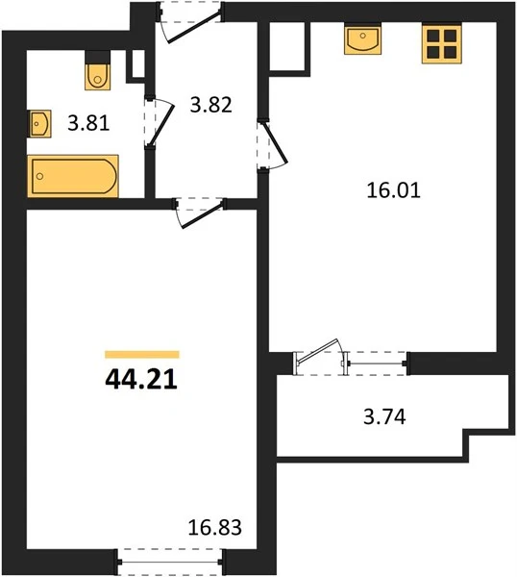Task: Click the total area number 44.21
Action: (141, 380)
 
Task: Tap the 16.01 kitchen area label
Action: (393, 191)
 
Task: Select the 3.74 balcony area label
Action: (384, 417)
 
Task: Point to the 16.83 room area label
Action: (214, 527)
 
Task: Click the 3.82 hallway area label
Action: (211, 105)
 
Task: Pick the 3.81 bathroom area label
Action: (88, 124)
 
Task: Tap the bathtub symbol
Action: (73, 176)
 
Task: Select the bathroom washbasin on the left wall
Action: (39, 124)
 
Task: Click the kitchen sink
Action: (362, 38)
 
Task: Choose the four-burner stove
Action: (441, 44)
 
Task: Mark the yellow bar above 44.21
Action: (142, 354)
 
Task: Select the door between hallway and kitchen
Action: (275, 143)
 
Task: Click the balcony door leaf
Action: (318, 351)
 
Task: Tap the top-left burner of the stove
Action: (433, 36)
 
